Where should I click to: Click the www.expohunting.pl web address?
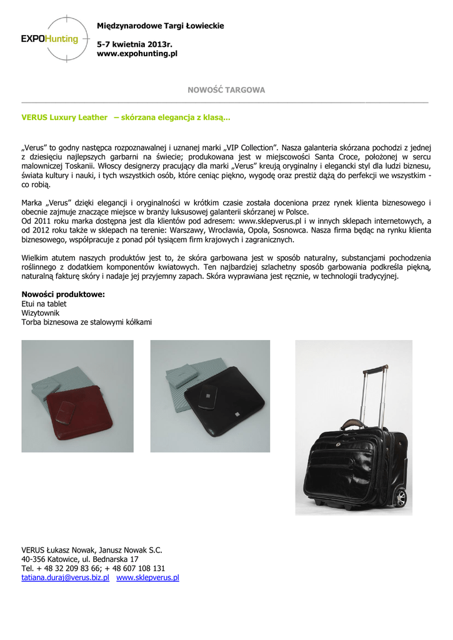(x=137, y=54)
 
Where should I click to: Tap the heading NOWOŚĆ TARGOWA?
(x=226, y=90)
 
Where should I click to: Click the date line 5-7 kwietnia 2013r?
(x=134, y=44)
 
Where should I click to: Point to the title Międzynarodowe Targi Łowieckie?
(x=160, y=26)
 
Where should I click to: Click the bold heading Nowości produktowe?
(x=63, y=294)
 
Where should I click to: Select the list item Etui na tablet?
(x=44, y=304)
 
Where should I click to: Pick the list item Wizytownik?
(x=41, y=312)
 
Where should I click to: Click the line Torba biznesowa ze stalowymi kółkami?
(x=87, y=322)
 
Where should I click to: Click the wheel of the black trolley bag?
(x=400, y=497)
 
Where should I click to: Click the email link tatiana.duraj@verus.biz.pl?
(x=65, y=577)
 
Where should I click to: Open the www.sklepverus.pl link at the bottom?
(x=147, y=577)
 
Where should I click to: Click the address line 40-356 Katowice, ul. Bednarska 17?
(x=80, y=559)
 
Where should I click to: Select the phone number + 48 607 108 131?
(x=134, y=568)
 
